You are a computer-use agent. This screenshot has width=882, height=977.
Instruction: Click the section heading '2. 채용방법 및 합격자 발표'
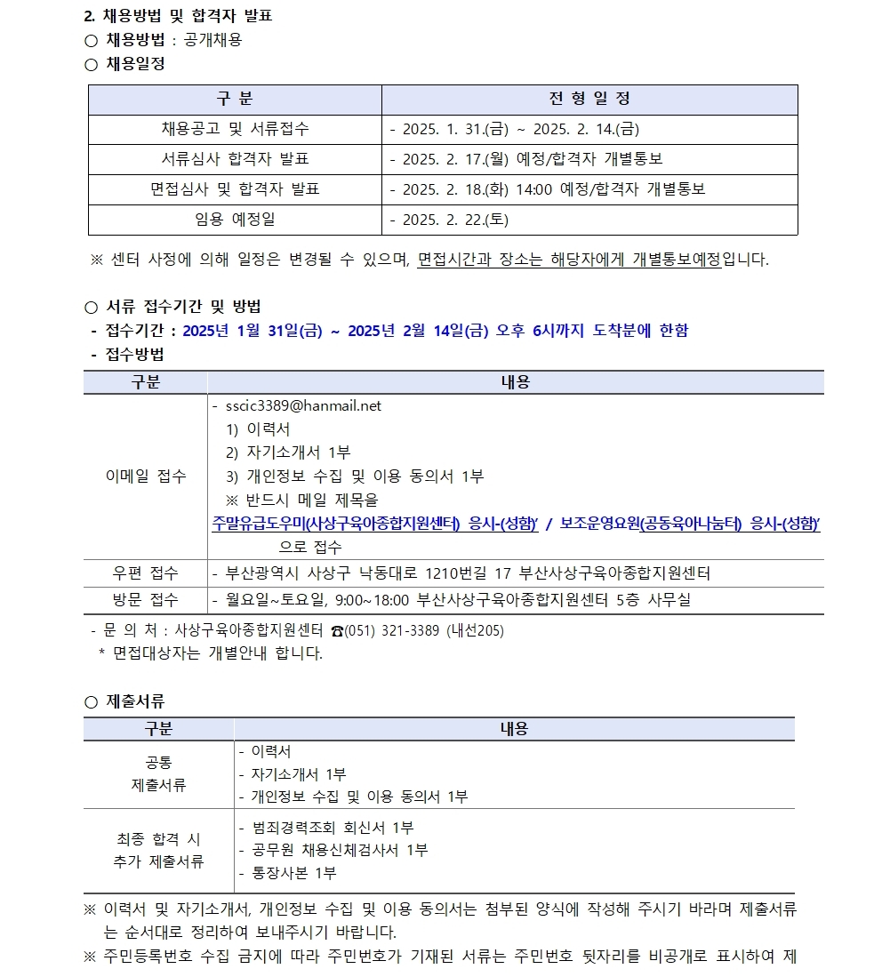pyautogui.click(x=178, y=16)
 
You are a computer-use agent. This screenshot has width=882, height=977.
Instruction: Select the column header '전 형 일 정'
pyautogui.click(x=589, y=99)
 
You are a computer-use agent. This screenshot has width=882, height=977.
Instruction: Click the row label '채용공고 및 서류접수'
pyautogui.click(x=235, y=129)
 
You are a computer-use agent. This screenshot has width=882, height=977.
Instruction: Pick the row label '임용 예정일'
pyautogui.click(x=235, y=220)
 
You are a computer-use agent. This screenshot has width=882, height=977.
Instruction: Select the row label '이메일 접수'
pyautogui.click(x=146, y=476)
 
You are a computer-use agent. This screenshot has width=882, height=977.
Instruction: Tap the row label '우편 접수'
pyautogui.click(x=146, y=573)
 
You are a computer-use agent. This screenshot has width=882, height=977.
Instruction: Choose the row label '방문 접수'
pyautogui.click(x=146, y=599)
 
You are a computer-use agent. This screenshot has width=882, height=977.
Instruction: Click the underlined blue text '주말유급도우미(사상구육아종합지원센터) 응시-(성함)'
pyautogui.click(x=375, y=524)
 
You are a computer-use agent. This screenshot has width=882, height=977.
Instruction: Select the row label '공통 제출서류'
pyautogui.click(x=158, y=774)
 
